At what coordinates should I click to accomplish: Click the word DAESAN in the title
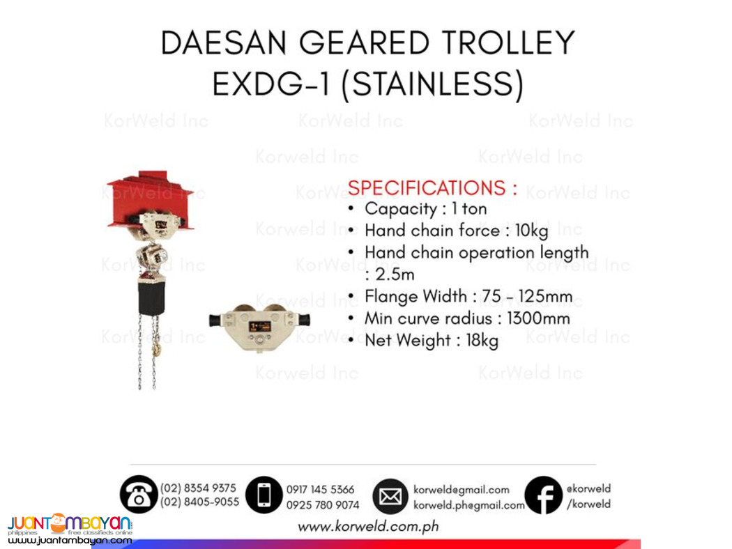coord(222,42)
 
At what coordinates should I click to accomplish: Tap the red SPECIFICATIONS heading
coord(432,188)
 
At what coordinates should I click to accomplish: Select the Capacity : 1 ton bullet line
coord(425,209)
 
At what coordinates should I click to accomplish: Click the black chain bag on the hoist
coord(151,297)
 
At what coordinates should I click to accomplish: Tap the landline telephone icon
coord(138,495)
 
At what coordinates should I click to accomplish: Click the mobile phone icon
coord(264,495)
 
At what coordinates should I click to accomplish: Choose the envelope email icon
coord(390,497)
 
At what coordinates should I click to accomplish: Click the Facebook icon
coord(543,495)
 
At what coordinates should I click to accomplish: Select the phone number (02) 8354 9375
coord(198,488)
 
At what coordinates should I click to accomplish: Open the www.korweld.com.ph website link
coord(368,527)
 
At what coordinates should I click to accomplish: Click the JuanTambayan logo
coord(70,527)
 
